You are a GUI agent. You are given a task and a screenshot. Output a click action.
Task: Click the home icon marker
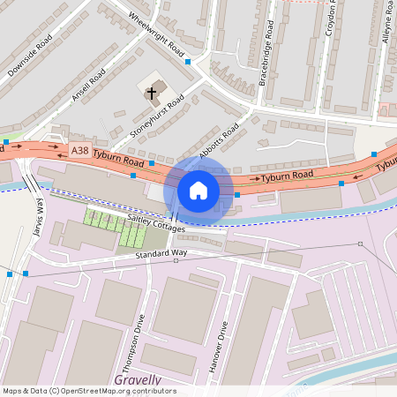coord(198,190)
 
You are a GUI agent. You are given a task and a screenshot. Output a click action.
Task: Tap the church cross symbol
coord(151,91)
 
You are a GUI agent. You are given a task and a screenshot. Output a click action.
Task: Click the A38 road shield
coord(80,151)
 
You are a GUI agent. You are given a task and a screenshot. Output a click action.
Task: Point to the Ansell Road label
coord(89,85)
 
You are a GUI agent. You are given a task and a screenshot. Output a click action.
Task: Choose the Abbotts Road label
coord(219,140)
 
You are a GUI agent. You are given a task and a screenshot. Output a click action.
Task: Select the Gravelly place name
coord(138,380)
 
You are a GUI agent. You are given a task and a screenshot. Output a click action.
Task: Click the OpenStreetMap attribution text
coord(89,391)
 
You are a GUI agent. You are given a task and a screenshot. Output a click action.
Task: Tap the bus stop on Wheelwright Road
coord(188,62)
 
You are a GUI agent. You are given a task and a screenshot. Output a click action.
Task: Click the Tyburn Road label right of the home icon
coord(288,176)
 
